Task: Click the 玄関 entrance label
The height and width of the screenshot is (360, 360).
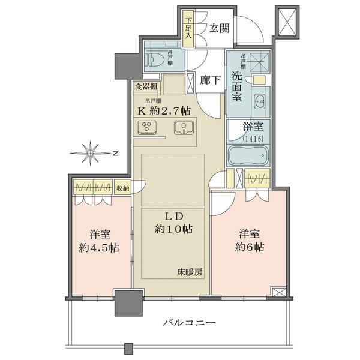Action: tap(220, 28)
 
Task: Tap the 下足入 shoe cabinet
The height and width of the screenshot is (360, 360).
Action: tap(188, 28)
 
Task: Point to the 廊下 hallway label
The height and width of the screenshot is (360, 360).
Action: tap(208, 79)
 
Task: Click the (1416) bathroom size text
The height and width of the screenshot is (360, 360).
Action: tap(249, 139)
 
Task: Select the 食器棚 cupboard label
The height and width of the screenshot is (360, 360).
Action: tap(146, 86)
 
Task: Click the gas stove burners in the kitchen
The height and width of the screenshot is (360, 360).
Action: tap(147, 127)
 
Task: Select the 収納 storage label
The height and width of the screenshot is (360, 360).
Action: tap(122, 188)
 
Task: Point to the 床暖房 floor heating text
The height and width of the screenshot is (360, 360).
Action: tap(190, 272)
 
